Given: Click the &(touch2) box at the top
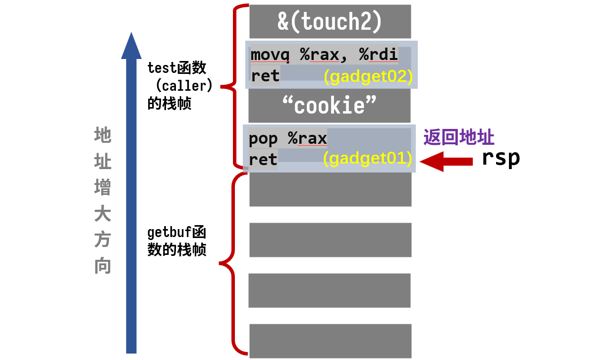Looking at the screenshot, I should coord(330,21).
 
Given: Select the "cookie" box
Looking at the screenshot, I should coord(330,106).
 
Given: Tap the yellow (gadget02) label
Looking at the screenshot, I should coord(368,77).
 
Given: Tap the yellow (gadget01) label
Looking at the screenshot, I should coord(367,159).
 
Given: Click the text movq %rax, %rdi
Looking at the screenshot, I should coord(324,55).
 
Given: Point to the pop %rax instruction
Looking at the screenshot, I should coord(287,138).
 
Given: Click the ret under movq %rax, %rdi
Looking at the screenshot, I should coord(265,76).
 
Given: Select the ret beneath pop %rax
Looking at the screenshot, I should coord(263,159).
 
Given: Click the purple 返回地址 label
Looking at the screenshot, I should coord(459,137).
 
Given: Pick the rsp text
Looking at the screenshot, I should coord(501,158).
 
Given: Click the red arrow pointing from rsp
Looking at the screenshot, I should coord(446,161).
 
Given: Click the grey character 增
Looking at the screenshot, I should coord(103,188).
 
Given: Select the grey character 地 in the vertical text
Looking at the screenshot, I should coord(103,135).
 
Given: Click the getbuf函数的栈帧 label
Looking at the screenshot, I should coord(177,241).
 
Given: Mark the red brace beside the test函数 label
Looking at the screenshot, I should coord(233,87).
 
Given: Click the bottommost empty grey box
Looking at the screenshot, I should coord(330,340).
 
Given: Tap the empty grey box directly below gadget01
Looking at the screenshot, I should coord(330,189).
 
